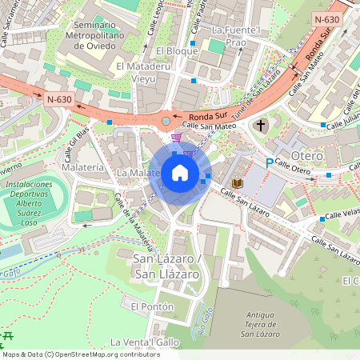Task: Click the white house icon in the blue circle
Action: [x=180, y=173]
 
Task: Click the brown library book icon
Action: [x=237, y=183]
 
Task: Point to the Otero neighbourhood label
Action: [x=307, y=154]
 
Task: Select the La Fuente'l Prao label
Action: [x=236, y=36]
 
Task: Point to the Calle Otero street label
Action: [x=293, y=166]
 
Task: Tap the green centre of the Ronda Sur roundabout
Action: [x=166, y=121]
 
